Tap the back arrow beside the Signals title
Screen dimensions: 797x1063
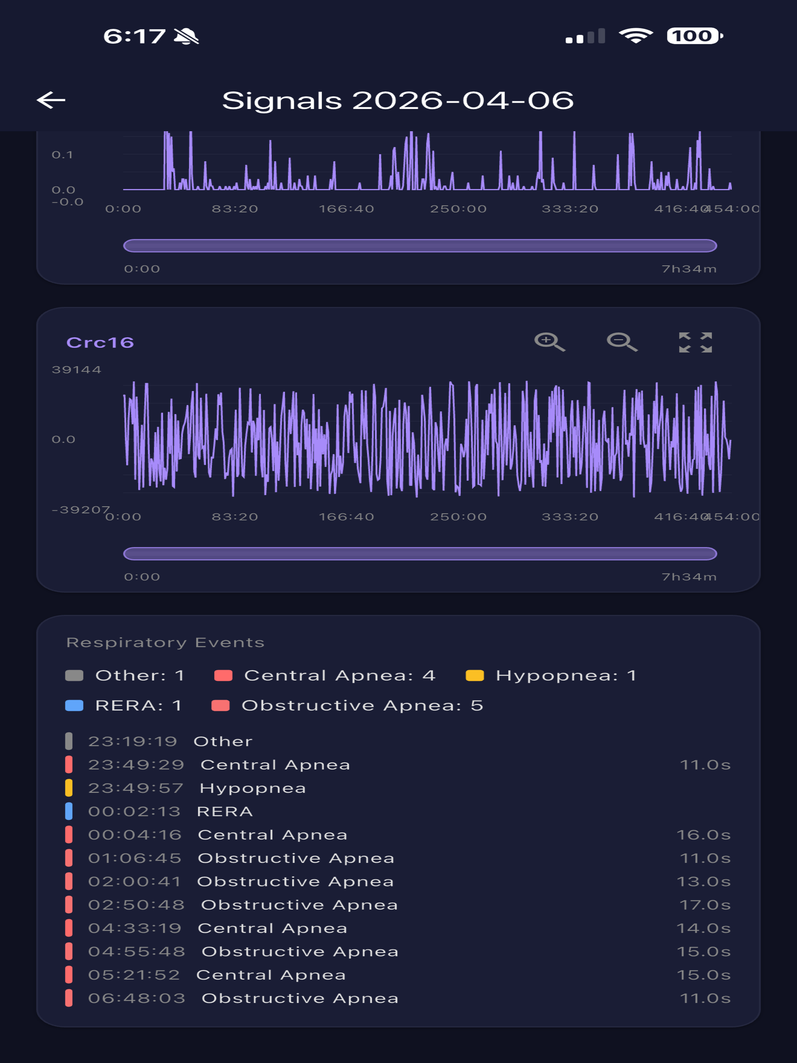click(x=51, y=100)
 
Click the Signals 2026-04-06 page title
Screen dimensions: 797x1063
click(x=398, y=100)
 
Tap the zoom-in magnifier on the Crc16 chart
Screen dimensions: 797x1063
click(x=549, y=342)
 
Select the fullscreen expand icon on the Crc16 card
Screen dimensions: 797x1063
click(x=695, y=342)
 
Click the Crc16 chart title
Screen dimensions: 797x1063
click(x=100, y=342)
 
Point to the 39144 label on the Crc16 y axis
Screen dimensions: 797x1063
click(x=76, y=370)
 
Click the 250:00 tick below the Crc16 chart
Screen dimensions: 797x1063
click(x=458, y=517)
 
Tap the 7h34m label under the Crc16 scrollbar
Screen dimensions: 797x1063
click(x=689, y=577)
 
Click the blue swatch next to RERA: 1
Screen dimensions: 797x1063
click(x=74, y=705)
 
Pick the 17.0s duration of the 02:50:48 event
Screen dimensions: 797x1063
click(x=705, y=905)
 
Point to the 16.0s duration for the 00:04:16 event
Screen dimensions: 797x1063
click(x=704, y=835)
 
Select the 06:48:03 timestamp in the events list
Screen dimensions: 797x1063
click(x=137, y=998)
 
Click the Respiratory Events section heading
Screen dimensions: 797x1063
click(x=165, y=642)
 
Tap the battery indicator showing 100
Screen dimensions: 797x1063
click(x=695, y=36)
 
